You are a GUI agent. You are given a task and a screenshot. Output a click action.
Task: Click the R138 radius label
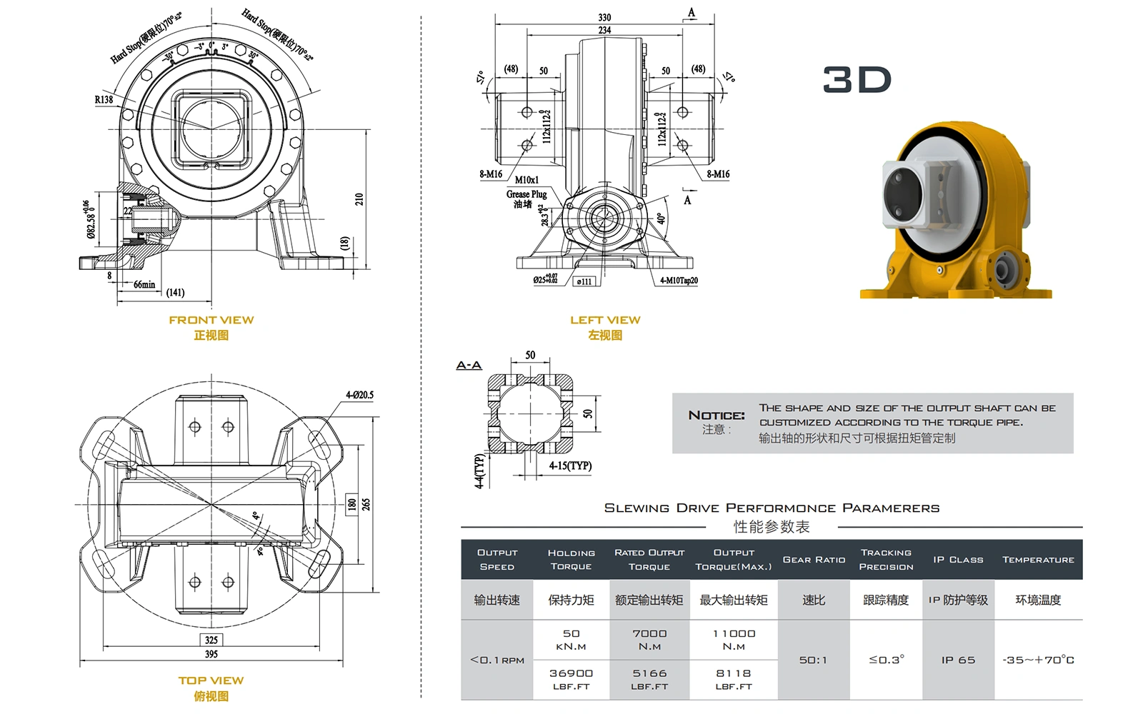click(104, 99)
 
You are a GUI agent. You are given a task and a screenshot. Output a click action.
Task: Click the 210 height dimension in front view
click(359, 199)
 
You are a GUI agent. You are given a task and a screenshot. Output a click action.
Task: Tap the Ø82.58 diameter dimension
click(89, 219)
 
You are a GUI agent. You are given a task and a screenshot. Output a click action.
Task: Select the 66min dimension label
click(144, 284)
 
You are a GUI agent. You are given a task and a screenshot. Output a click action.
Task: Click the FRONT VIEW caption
click(211, 320)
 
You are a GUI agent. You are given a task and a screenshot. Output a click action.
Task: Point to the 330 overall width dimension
click(604, 17)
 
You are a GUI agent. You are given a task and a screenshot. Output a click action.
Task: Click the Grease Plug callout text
click(526, 194)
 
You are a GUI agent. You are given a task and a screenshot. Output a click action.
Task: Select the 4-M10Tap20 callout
click(679, 281)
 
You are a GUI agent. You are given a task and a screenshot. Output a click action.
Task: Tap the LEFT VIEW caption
click(605, 320)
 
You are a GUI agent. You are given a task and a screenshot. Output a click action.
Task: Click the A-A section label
click(469, 366)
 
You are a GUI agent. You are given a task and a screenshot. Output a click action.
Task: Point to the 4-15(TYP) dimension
click(570, 466)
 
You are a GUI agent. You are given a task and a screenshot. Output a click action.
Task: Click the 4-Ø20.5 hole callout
click(359, 395)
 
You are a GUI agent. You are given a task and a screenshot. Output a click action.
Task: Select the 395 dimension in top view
click(211, 654)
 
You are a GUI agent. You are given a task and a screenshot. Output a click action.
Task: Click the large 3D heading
click(857, 79)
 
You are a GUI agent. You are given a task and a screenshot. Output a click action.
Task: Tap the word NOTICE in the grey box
click(716, 415)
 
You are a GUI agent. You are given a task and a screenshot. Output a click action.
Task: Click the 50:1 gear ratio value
click(813, 660)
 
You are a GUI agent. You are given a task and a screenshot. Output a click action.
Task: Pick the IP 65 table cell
click(958, 660)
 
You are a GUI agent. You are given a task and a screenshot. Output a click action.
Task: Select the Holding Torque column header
click(571, 559)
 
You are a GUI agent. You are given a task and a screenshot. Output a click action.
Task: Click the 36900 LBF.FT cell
click(571, 679)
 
